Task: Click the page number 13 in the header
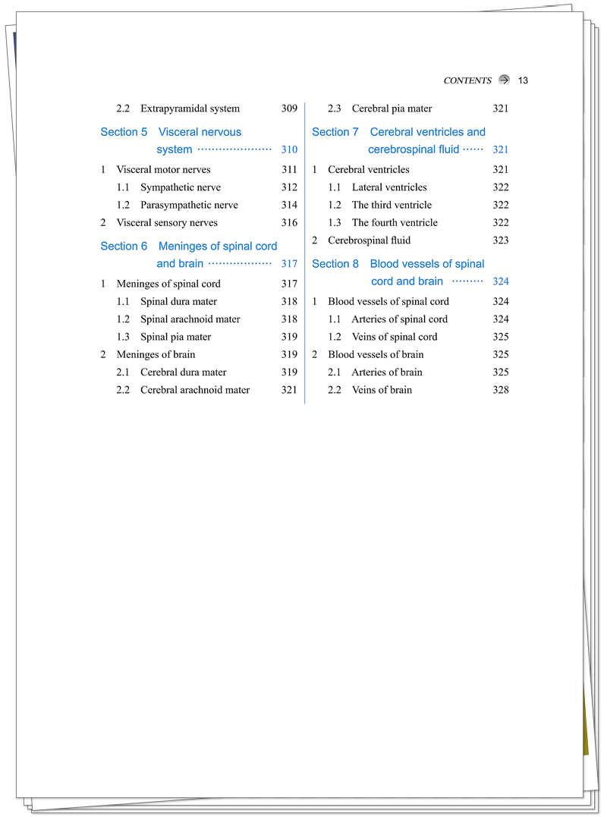click(x=523, y=80)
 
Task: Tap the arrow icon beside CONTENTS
click(x=505, y=80)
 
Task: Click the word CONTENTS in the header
click(x=467, y=80)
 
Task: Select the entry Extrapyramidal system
click(x=190, y=108)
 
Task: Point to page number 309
click(x=289, y=108)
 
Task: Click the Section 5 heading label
click(x=124, y=132)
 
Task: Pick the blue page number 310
click(x=289, y=150)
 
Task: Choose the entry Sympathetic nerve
click(x=181, y=187)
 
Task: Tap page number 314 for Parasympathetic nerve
click(x=289, y=205)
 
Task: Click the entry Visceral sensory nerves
click(x=167, y=223)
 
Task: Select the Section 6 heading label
click(x=124, y=246)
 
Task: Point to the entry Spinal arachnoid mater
click(x=190, y=319)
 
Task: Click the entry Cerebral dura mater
click(x=184, y=372)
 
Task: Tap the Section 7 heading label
click(x=335, y=132)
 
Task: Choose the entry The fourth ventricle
click(x=395, y=223)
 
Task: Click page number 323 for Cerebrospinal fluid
click(x=501, y=240)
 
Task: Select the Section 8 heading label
click(x=335, y=264)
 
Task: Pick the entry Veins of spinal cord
click(x=395, y=337)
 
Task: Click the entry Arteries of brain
click(x=387, y=372)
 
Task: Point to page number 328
click(x=501, y=390)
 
